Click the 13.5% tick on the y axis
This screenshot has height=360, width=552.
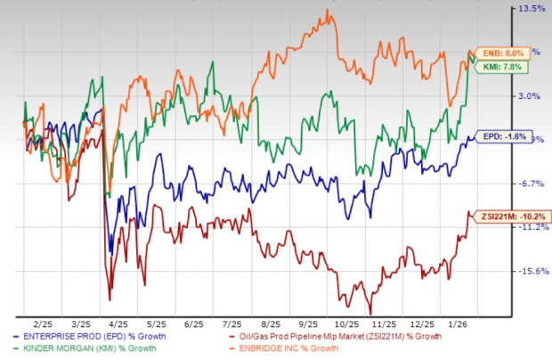(x=532, y=9)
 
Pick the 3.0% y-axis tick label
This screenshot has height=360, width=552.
(x=532, y=95)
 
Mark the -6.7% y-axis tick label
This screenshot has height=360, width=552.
(x=532, y=184)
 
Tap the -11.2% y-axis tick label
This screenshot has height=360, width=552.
(x=532, y=227)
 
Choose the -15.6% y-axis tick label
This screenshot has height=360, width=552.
(x=532, y=271)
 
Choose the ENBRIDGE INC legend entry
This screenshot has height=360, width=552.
(x=304, y=348)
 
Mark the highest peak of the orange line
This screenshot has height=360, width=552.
(x=329, y=11)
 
